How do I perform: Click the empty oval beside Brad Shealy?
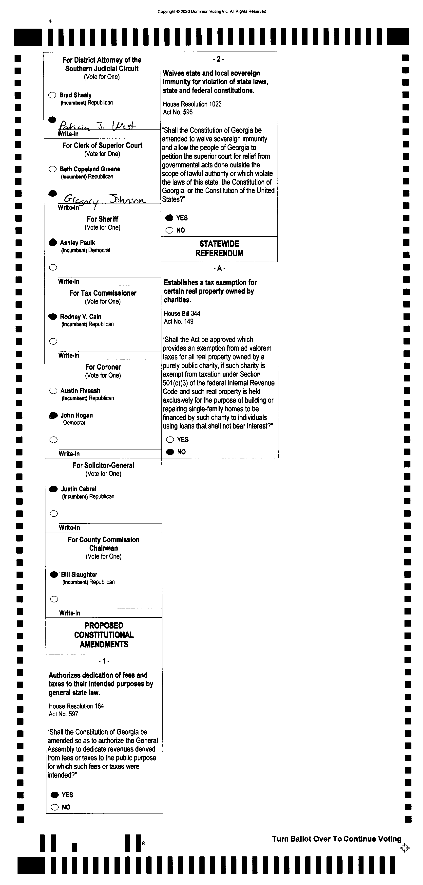tap(52, 95)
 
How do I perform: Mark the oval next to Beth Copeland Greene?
tap(53, 169)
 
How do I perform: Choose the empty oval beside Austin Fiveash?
tap(53, 391)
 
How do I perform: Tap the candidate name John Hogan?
tap(77, 415)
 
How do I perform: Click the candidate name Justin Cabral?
tap(78, 489)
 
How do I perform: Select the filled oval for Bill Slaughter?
tap(54, 575)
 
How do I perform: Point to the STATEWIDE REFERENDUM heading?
tap(219, 248)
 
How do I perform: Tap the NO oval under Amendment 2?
tap(170, 230)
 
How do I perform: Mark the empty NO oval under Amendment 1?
tap(55, 807)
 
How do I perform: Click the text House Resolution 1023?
tap(192, 104)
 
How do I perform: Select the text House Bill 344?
tap(182, 313)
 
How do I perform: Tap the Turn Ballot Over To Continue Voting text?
tap(337, 839)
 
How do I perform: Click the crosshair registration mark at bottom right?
tap(405, 848)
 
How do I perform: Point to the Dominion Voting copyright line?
tap(212, 11)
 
